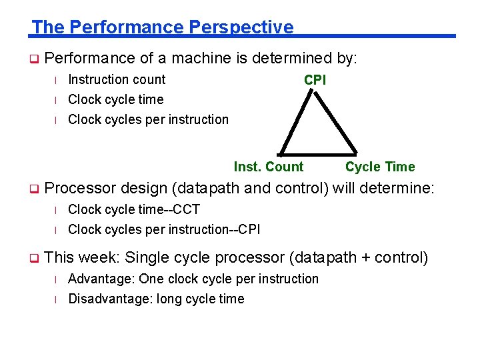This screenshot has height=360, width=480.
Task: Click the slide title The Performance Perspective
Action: pos(162,27)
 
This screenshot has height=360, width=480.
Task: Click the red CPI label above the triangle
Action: pos(315,80)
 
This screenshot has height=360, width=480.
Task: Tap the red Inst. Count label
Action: pos(268,167)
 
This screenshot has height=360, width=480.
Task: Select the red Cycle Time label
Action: pos(379,167)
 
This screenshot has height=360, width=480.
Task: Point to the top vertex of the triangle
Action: pos(315,93)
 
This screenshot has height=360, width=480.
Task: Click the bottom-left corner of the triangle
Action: pos(280,155)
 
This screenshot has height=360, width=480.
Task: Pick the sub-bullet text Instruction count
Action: pos(117,79)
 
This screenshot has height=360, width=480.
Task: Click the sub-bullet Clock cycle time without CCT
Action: pos(115,99)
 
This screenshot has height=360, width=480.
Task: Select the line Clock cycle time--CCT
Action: pos(133,209)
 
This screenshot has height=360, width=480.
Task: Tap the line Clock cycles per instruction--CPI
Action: pos(164,229)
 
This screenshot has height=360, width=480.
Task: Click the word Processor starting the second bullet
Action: pos(80,189)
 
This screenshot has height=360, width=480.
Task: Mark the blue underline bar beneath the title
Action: pos(373,36)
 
